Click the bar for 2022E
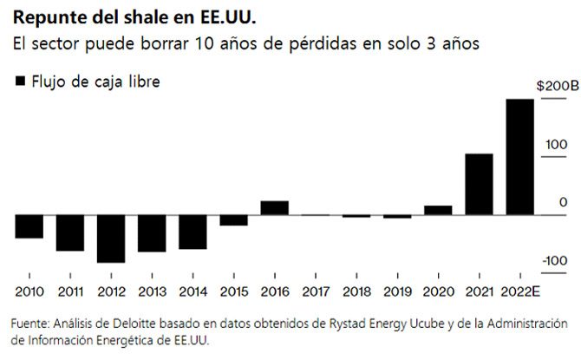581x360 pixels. [x=520, y=156]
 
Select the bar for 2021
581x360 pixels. [x=480, y=184]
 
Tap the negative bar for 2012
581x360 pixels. [x=111, y=238]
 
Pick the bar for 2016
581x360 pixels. [x=274, y=207]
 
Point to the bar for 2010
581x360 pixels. [x=29, y=226]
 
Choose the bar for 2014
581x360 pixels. [x=193, y=232]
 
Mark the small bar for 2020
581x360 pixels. [x=438, y=210]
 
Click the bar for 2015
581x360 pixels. [x=233, y=219]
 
